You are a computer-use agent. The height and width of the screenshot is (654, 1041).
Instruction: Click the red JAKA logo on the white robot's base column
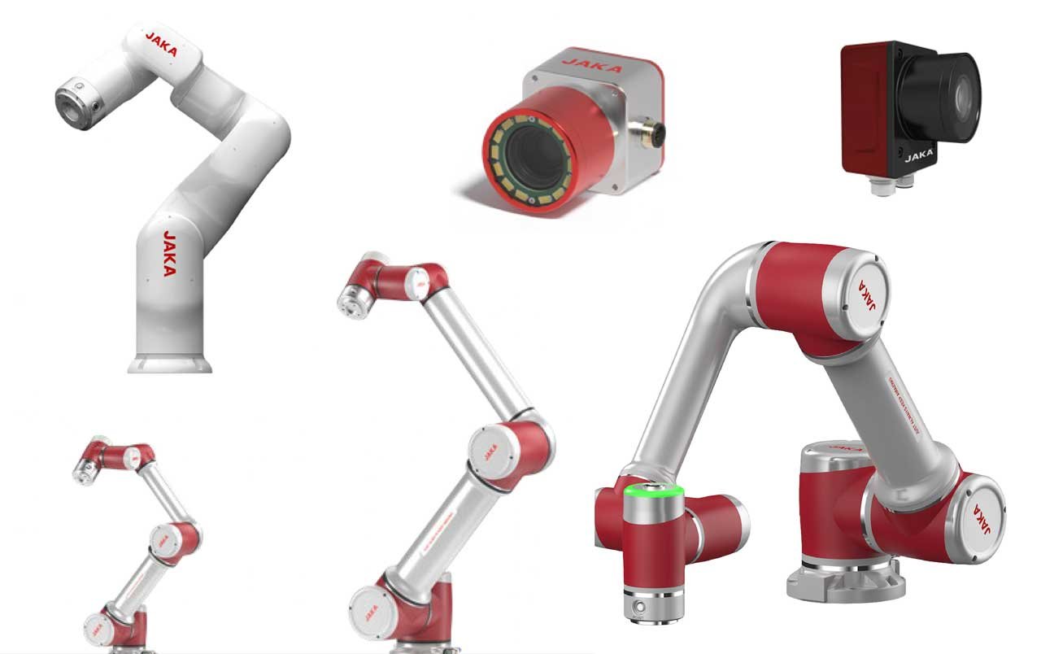(x=169, y=254)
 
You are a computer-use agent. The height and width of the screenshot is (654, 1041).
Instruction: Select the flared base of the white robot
(x=170, y=362)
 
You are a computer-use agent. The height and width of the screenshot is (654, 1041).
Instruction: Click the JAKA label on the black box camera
(x=920, y=151)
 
